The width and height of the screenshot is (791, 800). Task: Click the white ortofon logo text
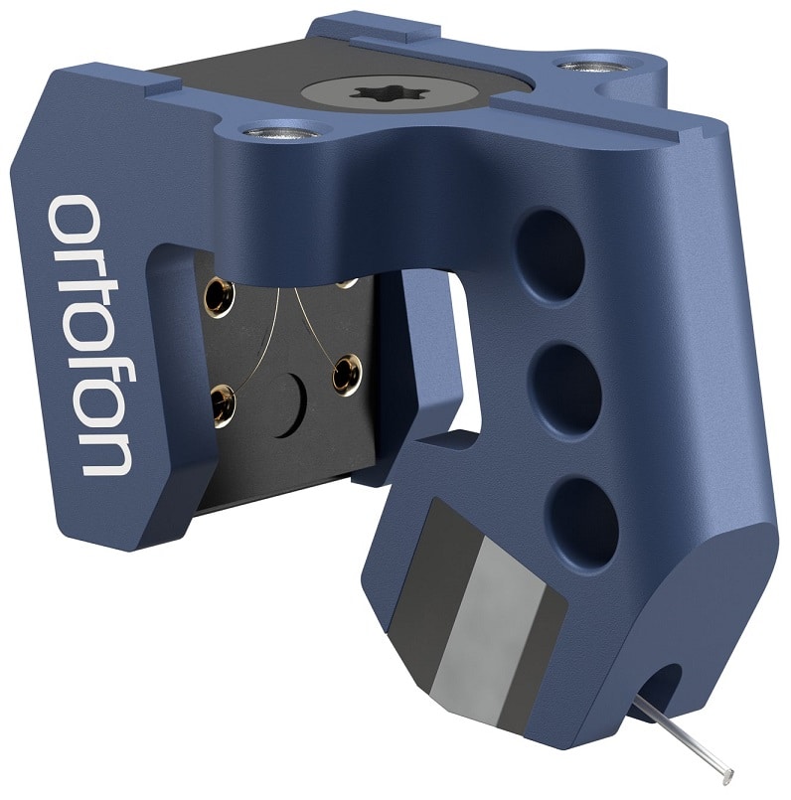(x=89, y=335)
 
